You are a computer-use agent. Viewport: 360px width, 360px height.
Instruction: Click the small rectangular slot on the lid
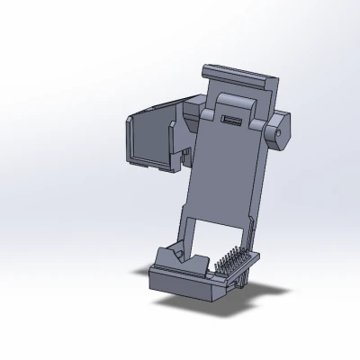(230, 121)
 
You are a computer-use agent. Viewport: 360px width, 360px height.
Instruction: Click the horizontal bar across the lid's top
(236, 73)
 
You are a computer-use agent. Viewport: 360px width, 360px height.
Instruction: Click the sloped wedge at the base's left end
(167, 258)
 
